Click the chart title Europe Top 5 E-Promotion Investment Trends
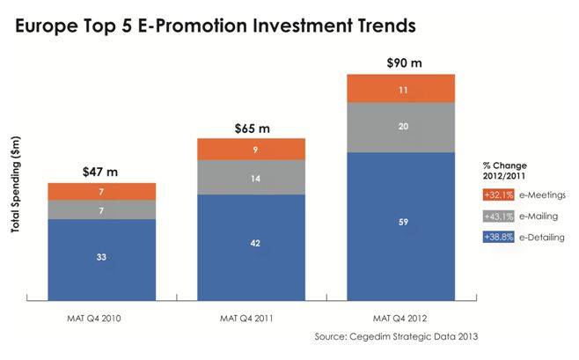pos(215,26)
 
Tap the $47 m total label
pos(101,169)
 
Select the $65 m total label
pos(251,128)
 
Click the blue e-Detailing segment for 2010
pos(101,258)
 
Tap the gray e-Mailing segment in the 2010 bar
pos(101,209)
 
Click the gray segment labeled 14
pos(252,178)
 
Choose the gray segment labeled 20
pos(401,128)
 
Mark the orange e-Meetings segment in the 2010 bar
pos(101,191)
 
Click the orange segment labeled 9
pos(252,150)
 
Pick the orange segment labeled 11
pos(401,89)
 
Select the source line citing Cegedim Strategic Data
pos(401,337)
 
